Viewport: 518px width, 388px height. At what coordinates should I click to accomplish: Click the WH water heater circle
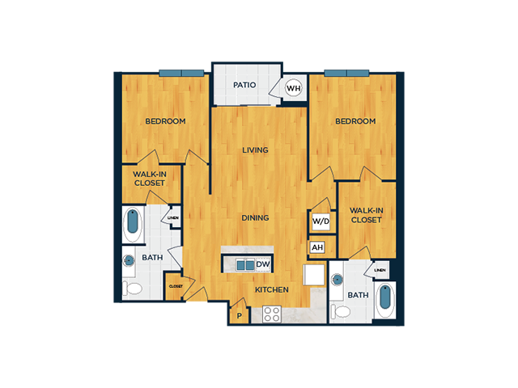(x=293, y=88)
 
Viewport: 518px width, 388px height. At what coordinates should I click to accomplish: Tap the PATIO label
(x=244, y=85)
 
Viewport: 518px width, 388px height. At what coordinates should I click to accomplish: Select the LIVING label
(x=255, y=150)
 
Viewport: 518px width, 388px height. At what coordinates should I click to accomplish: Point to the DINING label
(x=255, y=217)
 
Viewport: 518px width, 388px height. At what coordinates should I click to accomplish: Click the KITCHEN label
(x=272, y=289)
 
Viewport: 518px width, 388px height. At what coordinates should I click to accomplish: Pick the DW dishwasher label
(x=263, y=264)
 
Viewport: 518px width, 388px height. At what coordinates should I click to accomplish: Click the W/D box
(x=321, y=221)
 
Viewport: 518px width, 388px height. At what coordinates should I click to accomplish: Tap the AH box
(x=317, y=247)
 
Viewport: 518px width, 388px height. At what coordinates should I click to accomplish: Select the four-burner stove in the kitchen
(x=272, y=314)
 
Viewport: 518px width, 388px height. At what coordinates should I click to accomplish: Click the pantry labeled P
(x=240, y=316)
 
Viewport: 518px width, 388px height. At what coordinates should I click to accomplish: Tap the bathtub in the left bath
(x=133, y=224)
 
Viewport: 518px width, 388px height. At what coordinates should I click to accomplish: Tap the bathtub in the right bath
(x=385, y=299)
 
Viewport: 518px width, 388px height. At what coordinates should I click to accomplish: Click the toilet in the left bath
(x=132, y=289)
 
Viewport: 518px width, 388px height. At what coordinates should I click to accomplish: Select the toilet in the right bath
(x=340, y=311)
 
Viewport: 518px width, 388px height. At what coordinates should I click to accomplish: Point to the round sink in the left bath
(x=129, y=260)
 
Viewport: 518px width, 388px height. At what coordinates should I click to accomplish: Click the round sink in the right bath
(x=338, y=280)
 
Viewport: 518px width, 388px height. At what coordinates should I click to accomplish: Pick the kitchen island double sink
(x=245, y=265)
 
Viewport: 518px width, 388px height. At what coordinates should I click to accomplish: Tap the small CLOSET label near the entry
(x=176, y=286)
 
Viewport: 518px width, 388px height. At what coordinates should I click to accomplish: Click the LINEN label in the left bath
(x=173, y=217)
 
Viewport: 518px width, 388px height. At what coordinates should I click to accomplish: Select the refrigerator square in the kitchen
(x=314, y=275)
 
